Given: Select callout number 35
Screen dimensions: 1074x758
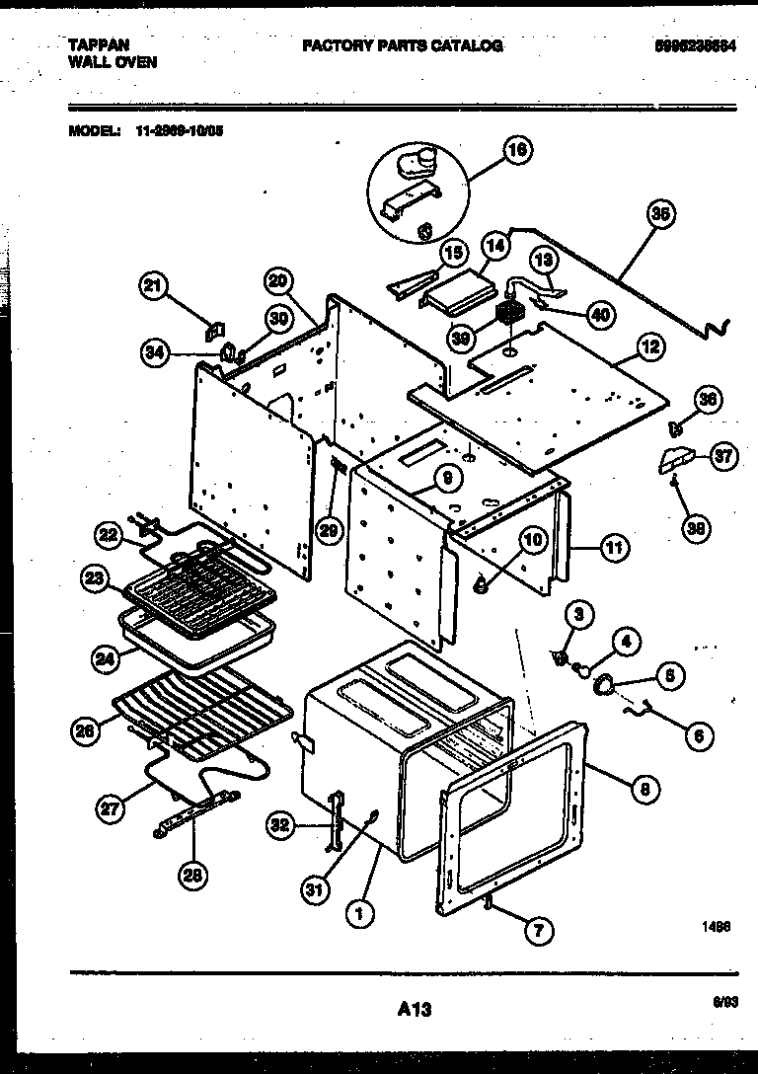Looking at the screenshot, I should tap(659, 212).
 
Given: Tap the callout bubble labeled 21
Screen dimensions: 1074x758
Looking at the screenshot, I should tap(151, 286).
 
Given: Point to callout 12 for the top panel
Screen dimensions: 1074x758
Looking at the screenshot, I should tap(650, 346).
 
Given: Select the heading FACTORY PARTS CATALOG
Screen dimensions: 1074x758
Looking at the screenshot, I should tap(402, 45).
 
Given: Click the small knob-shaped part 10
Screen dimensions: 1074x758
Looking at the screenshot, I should tap(483, 585).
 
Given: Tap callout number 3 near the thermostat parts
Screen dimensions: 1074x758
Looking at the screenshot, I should tap(579, 613).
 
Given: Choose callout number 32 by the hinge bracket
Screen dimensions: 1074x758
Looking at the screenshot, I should tap(280, 825).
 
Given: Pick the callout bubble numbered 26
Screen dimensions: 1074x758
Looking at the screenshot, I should tap(86, 731).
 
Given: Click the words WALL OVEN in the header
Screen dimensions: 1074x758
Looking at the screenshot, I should tap(113, 61).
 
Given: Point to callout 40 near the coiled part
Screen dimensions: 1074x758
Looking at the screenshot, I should tap(598, 314).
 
